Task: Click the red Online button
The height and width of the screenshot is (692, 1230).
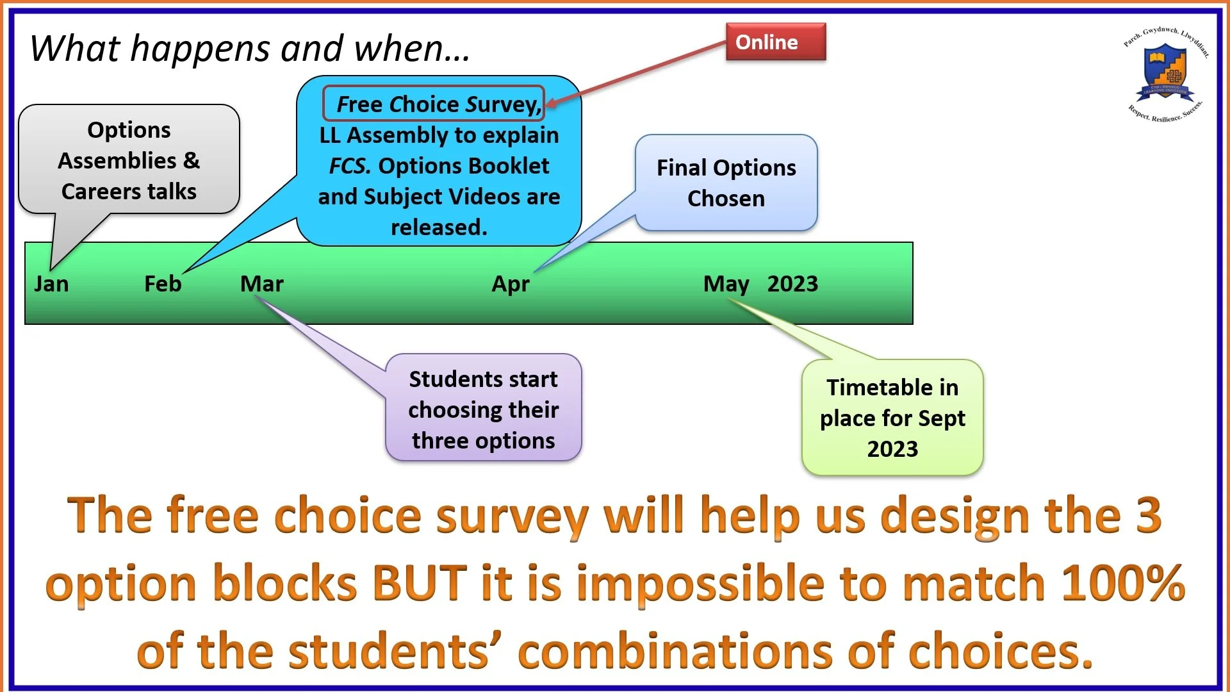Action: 775,42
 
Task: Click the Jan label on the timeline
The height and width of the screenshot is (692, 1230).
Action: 51,284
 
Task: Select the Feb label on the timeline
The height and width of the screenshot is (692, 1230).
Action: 163,284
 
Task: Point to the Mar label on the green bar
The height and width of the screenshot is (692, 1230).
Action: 261,284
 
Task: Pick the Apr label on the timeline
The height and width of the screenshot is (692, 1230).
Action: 511,284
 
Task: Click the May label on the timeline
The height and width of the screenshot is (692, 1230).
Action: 726,284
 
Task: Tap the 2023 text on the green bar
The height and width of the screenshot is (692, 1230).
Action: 792,284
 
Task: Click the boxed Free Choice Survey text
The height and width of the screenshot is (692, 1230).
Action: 434,104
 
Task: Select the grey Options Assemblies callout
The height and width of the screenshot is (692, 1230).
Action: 129,160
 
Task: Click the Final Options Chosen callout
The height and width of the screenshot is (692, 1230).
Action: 726,183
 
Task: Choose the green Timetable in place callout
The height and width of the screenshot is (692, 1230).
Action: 892,418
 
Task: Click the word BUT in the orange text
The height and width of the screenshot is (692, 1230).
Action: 420,583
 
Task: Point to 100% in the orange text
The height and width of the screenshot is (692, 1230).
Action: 1122,583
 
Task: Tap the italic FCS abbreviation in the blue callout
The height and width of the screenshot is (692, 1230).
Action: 349,166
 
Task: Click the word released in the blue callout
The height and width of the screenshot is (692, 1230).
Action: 439,227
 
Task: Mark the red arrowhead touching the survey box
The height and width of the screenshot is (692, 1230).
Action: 550,103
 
